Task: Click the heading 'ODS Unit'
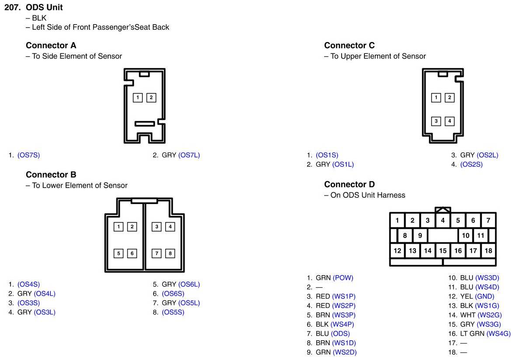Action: [x=44, y=7]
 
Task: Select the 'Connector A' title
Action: [x=51, y=45]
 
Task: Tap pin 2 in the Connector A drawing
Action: [x=151, y=98]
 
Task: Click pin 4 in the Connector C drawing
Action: [x=449, y=121]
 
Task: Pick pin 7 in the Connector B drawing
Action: [x=157, y=253]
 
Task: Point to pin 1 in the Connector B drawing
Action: [x=118, y=227]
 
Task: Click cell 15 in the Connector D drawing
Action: [x=443, y=251]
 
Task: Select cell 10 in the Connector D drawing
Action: [x=465, y=236]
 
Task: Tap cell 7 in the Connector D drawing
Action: [x=488, y=220]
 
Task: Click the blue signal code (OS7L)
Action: [x=189, y=155]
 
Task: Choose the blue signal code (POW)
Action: [x=343, y=278]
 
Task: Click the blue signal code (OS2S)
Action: [x=472, y=164]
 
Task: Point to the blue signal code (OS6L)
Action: [x=189, y=284]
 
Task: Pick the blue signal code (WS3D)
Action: [x=487, y=278]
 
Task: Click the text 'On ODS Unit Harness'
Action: [x=368, y=195]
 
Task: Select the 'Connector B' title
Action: [x=51, y=175]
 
